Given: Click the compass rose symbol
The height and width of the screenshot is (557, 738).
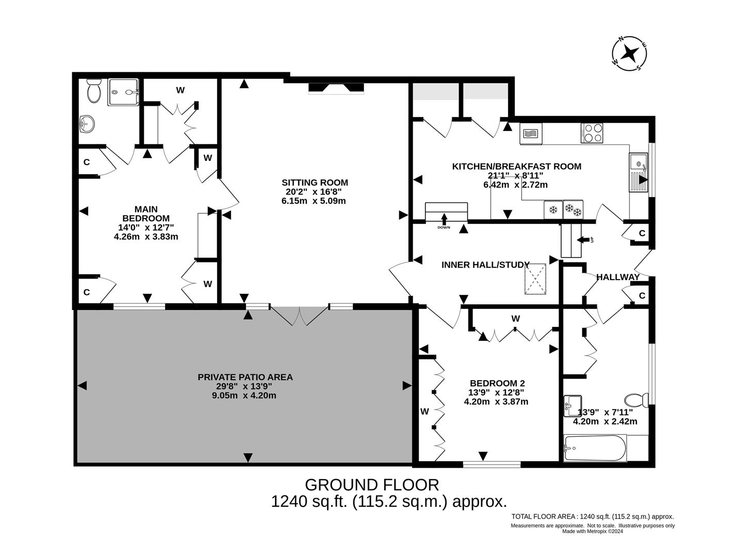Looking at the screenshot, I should pos(629,53).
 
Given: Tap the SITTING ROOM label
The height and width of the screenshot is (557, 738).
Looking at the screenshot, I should pos(315,183).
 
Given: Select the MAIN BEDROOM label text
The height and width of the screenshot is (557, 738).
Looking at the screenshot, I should pos(146,214).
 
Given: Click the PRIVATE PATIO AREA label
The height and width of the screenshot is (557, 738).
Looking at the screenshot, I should pos(245,377).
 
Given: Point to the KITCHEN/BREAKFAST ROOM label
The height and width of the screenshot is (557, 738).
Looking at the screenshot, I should pos(516,166).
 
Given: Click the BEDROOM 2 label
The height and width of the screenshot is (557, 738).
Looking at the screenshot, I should pos(497,383).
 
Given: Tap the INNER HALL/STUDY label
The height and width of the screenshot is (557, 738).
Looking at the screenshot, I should pos(485,265).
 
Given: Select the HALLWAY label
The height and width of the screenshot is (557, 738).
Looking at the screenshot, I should pos(618,277).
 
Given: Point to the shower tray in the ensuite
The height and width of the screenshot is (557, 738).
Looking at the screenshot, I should pos(123,92).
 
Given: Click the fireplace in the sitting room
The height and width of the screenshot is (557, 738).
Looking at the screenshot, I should pos(336,89).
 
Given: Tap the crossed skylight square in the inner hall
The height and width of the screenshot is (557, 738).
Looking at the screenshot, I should pos(535,279).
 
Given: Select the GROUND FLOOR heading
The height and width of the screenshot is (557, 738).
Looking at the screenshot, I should pos(372,485).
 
